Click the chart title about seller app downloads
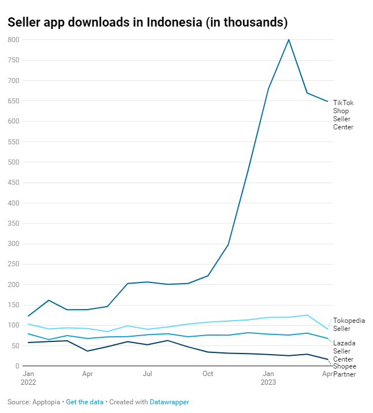point(147,23)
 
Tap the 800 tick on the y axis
point(14,40)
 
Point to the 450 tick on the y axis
point(14,183)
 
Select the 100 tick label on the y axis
point(14,325)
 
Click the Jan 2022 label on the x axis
point(28,378)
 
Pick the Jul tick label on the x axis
point(148,374)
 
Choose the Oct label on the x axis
point(208,374)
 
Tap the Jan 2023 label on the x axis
point(268,378)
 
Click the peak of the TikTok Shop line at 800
point(289,40)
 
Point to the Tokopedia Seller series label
point(349,325)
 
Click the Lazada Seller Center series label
point(344,351)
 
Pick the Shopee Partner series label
point(344,370)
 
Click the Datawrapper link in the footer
point(169,402)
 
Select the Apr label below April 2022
point(88,374)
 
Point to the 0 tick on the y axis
point(17,366)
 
